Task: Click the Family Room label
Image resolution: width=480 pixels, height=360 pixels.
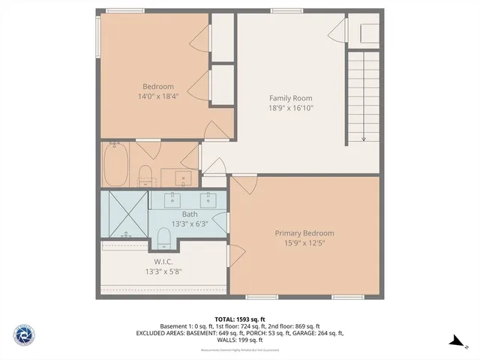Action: [290, 98]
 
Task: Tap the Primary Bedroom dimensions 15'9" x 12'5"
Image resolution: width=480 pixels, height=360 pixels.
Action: [304, 243]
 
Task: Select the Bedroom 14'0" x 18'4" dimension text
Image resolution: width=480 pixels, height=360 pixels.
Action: [158, 97]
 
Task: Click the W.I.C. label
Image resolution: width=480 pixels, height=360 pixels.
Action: [164, 262]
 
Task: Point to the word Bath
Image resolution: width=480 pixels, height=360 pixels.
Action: [189, 214]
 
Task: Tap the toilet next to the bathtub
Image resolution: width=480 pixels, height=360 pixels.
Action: [145, 177]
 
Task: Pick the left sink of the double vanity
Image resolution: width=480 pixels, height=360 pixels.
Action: [172, 199]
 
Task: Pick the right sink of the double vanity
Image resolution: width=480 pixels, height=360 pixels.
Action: [207, 199]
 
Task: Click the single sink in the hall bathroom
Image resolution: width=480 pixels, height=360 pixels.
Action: [184, 178]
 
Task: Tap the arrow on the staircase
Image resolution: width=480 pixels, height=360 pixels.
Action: [363, 135]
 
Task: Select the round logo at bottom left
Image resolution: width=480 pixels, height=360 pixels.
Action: [25, 334]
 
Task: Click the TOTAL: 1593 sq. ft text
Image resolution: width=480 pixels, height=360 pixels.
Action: [239, 319]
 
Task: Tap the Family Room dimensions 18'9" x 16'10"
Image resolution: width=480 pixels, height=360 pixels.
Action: [290, 108]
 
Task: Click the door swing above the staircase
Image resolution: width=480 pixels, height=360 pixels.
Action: [340, 32]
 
